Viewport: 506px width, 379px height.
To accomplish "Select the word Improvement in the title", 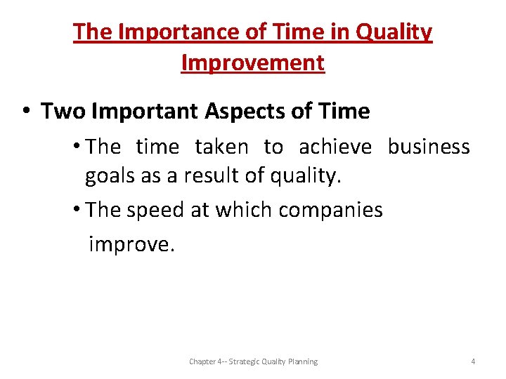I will click(x=253, y=62).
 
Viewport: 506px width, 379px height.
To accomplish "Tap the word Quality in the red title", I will click(x=396, y=32).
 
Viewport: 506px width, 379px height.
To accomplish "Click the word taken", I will click(x=221, y=147).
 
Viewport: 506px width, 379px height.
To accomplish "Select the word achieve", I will click(x=335, y=147).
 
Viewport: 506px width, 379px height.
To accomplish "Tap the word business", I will click(x=429, y=147).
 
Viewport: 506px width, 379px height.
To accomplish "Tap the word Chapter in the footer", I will click(x=202, y=361).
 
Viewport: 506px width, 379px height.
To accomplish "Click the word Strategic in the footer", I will click(x=245, y=361).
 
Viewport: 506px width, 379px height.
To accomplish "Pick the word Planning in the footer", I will click(x=302, y=361).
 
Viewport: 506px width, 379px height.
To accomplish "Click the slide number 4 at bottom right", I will click(x=473, y=361).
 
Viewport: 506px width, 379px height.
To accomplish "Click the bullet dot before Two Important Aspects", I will click(x=25, y=112).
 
